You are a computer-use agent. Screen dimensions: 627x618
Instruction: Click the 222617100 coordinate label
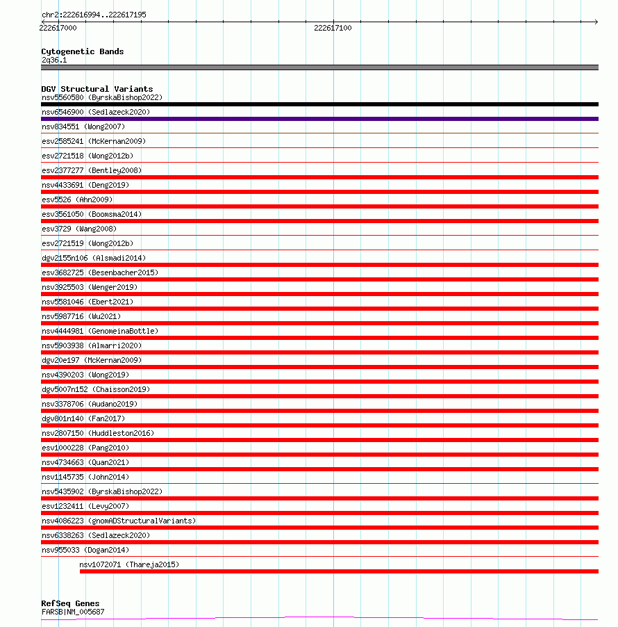tap(333, 28)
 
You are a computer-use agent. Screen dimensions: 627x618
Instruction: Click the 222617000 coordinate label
tap(58, 28)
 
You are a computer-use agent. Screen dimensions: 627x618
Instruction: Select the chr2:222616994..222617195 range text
tap(94, 15)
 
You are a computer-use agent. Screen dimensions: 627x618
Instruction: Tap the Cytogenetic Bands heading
tap(82, 51)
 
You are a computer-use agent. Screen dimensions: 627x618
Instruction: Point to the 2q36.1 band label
tap(54, 60)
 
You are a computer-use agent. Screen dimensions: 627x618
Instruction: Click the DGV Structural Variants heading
tap(97, 89)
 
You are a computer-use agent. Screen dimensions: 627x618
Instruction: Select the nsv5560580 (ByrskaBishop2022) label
tap(101, 97)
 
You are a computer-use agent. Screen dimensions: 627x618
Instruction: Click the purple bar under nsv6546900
tap(319, 119)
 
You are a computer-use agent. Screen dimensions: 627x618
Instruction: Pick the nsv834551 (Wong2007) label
tap(83, 127)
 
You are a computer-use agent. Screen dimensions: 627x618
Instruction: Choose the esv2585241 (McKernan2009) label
tap(94, 141)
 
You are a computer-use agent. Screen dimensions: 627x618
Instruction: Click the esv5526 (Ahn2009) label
tap(76, 199)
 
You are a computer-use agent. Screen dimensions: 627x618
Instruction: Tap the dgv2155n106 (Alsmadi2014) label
tap(94, 258)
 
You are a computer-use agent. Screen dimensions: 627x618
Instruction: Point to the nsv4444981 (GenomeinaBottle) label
tap(99, 331)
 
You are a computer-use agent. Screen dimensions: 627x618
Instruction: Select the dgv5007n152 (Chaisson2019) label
tap(95, 389)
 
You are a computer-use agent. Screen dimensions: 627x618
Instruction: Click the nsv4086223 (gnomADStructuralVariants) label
tap(119, 521)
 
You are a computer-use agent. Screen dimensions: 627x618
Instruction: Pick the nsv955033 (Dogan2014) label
tap(85, 550)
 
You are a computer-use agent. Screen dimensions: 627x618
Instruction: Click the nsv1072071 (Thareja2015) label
tap(128, 564)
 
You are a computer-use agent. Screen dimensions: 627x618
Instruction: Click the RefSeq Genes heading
tap(70, 603)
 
